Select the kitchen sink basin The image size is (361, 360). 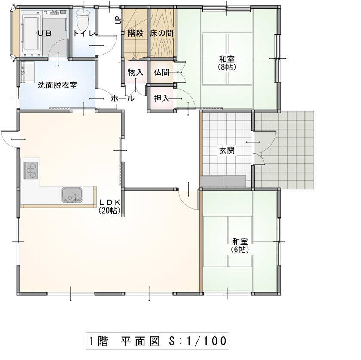72,195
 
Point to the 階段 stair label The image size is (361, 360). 136,33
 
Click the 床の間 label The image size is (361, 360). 162,33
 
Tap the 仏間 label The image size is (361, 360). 162,72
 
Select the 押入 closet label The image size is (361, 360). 162,98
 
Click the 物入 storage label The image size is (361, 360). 136,72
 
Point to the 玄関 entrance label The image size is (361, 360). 227,150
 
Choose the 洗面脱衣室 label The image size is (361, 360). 57,85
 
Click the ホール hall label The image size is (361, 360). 122,98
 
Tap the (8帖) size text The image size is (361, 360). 227,67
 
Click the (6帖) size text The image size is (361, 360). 240,250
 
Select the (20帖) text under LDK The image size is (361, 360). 110,211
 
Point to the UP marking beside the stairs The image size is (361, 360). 119,20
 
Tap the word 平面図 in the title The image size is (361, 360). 140,341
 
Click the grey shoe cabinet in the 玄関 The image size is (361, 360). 223,181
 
